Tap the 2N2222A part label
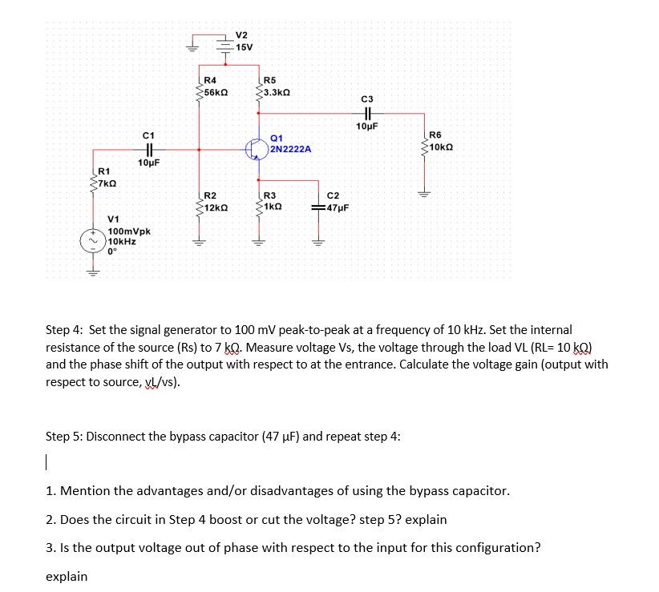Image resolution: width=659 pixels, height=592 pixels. (x=291, y=149)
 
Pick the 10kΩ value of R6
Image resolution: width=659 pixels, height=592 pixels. (x=444, y=146)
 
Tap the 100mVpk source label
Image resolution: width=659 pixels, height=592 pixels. (x=129, y=231)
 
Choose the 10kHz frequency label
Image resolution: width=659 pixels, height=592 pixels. (x=122, y=240)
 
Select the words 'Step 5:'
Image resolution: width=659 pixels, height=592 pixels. (x=65, y=437)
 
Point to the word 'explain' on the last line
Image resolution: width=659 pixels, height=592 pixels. (x=67, y=576)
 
